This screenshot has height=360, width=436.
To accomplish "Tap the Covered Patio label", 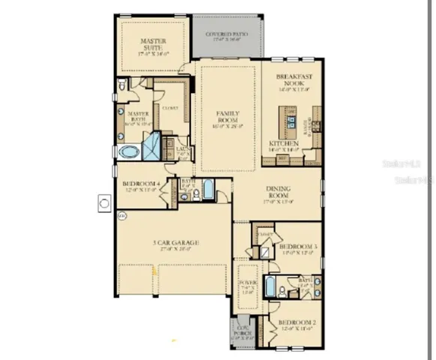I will tap(227, 35).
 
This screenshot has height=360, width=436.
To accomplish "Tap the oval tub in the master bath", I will tap(128, 152).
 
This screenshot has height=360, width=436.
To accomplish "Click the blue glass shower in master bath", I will tap(152, 143).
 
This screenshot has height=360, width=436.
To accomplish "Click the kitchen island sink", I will tap(289, 118).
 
